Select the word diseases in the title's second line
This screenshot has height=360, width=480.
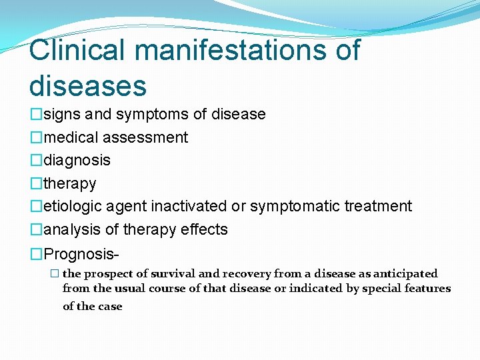pyautogui.click(x=87, y=85)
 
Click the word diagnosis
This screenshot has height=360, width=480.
pyautogui.click(x=77, y=161)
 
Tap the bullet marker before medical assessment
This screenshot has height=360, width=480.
pyautogui.click(x=36, y=138)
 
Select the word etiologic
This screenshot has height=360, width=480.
pyautogui.click(x=73, y=207)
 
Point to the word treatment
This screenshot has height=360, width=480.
pyautogui.click(x=378, y=207)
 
